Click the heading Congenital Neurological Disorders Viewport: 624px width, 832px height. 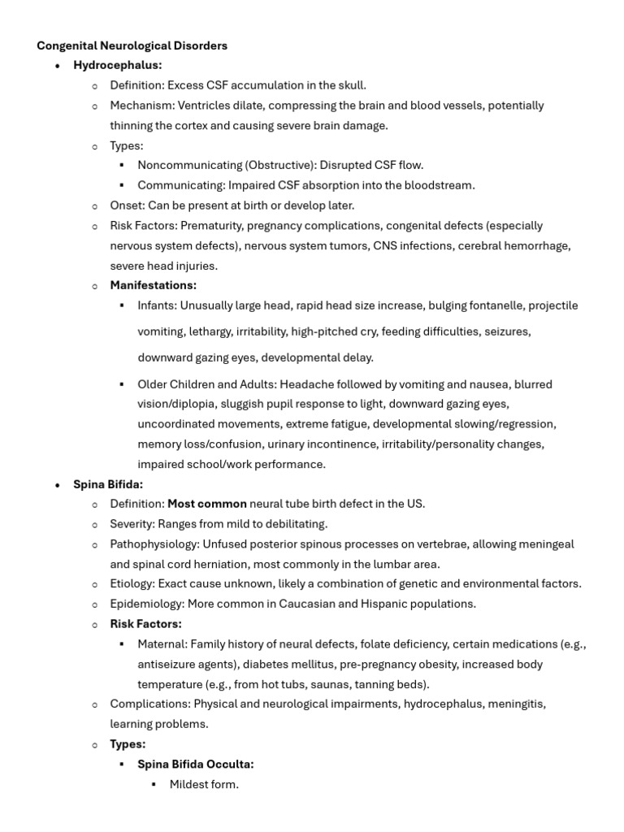coord(132,45)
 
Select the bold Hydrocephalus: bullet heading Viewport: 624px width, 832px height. coord(118,65)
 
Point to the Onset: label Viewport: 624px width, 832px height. coord(128,206)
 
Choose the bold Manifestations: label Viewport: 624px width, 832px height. coord(154,285)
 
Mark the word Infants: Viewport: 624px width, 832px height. coord(157,305)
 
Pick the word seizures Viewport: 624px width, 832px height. coord(507,331)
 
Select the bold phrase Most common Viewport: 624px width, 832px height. coord(206,504)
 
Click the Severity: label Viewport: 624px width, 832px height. coord(132,524)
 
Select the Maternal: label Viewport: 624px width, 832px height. coord(162,644)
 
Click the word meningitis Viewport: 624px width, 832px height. coord(516,704)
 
